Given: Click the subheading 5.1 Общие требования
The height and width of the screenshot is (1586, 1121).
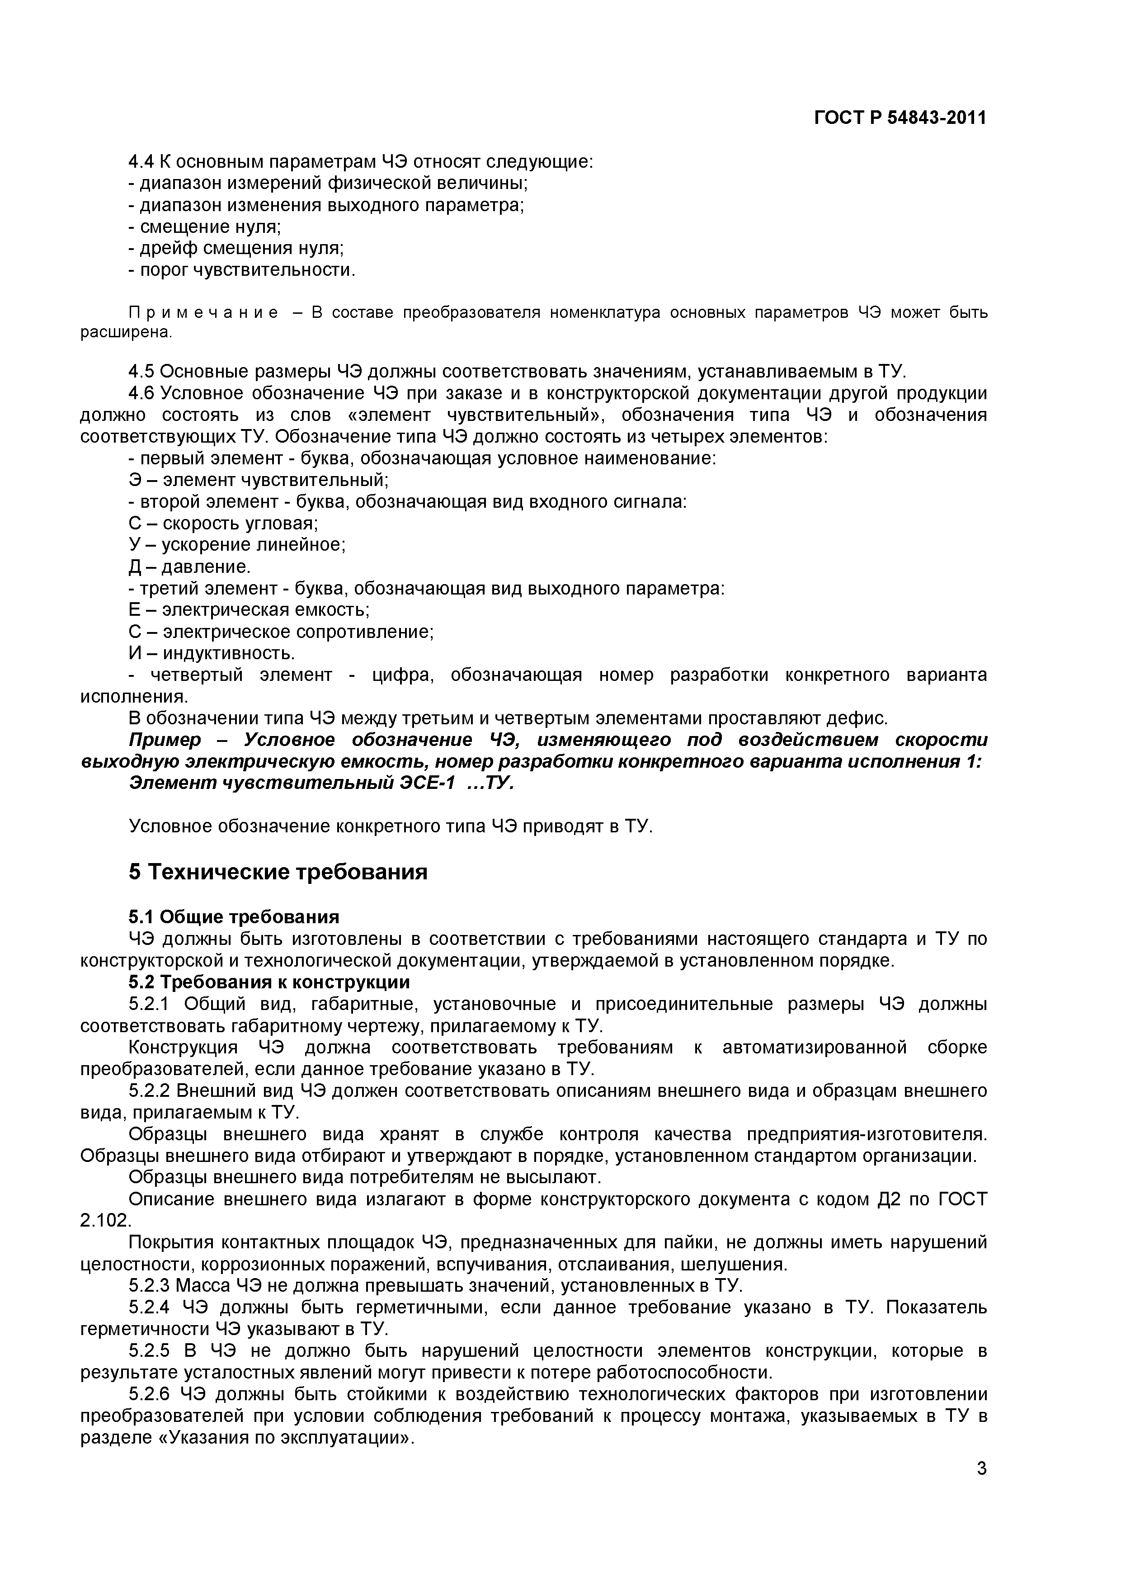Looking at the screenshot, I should pos(234,916).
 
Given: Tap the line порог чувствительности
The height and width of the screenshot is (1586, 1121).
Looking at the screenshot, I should pos(242,270).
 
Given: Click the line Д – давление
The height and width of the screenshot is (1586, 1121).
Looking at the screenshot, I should pos(190,566).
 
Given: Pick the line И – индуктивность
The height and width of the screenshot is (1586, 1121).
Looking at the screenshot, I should pos(212,653).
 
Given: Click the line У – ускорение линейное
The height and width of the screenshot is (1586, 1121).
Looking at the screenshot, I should pos(237,545).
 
